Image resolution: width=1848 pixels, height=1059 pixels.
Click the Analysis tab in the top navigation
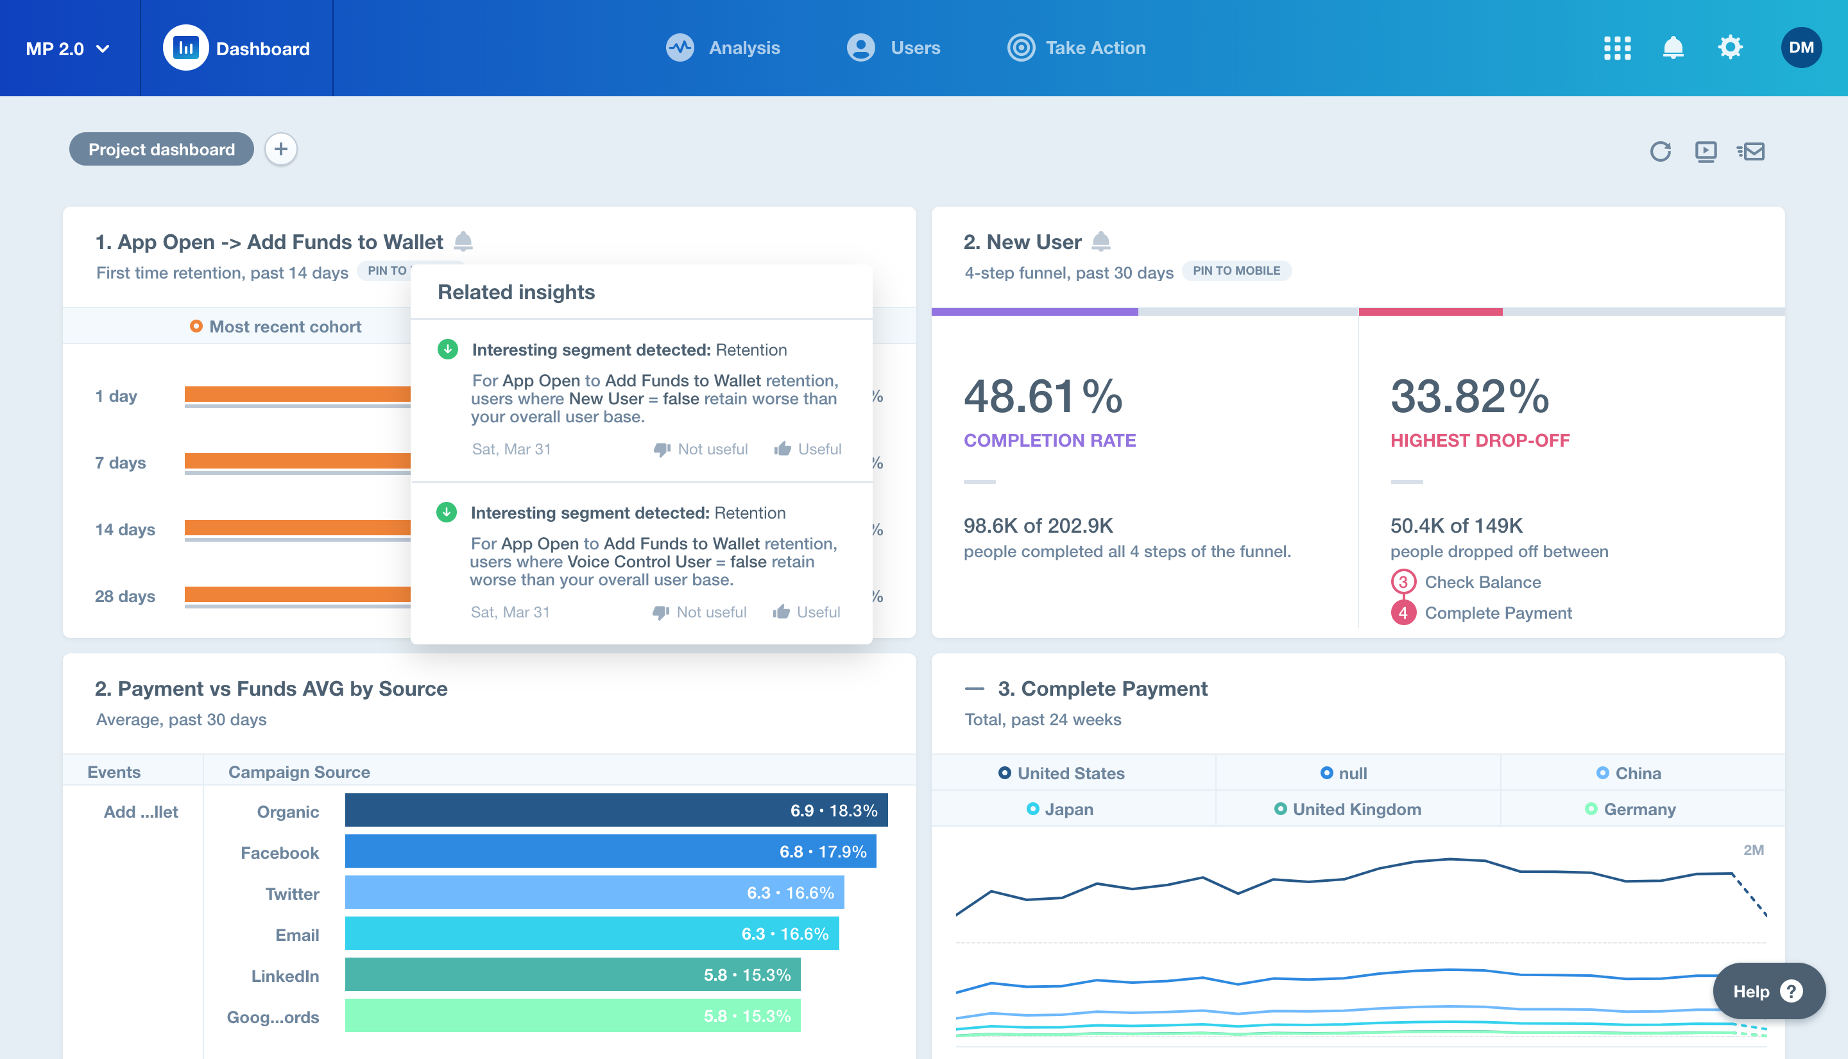(724, 48)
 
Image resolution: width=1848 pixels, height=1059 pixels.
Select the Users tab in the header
(894, 48)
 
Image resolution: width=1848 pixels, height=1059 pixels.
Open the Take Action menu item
(1077, 48)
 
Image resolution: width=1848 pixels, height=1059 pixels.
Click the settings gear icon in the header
(1730, 48)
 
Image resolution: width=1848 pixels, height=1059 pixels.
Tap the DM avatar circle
(1801, 48)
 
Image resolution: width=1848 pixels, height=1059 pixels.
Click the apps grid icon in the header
(1617, 48)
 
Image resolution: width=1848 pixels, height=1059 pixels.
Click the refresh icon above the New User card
(1661, 151)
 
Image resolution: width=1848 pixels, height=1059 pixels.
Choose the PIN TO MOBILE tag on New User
(1236, 271)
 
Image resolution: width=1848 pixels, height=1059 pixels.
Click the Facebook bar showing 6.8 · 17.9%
(611, 852)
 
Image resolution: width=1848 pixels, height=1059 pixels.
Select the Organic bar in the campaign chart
(616, 810)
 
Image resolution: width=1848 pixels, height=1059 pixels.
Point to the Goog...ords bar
(573, 1016)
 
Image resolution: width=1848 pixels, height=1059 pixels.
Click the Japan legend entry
(1060, 809)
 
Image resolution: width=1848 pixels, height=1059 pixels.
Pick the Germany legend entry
(1630, 809)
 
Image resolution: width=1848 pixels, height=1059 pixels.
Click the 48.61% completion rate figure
(1043, 397)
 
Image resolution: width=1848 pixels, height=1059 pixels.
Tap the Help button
(1768, 992)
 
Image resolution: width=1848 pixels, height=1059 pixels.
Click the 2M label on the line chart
(1754, 850)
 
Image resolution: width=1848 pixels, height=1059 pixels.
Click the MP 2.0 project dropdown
(67, 49)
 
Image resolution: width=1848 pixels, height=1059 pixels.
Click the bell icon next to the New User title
(1101, 241)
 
